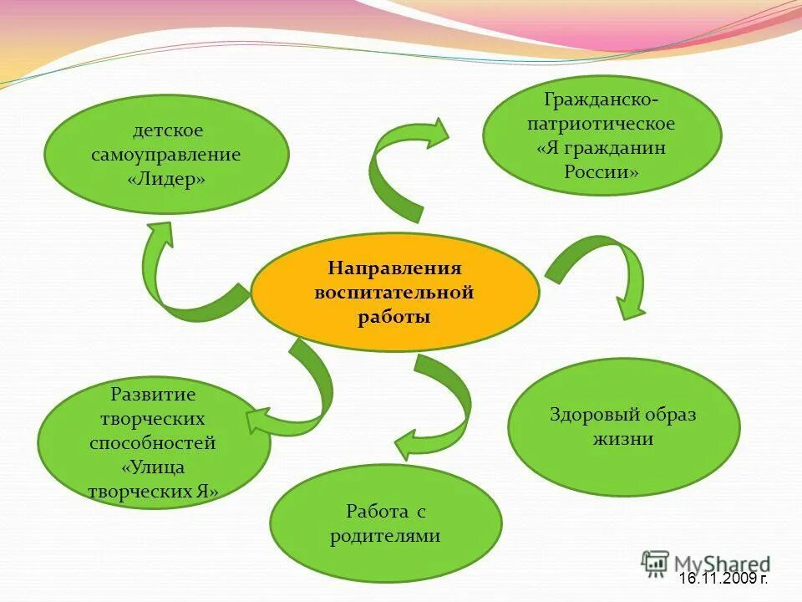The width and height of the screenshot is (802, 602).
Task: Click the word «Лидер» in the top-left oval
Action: point(167,180)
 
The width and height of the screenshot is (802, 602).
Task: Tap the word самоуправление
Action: point(166,155)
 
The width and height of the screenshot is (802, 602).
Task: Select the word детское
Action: point(168,130)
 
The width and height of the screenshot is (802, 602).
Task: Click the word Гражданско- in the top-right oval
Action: point(601,99)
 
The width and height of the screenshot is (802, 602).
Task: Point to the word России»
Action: point(601,172)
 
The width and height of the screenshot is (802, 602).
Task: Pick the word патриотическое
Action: point(601,124)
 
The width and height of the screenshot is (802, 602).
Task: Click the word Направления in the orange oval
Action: point(394,268)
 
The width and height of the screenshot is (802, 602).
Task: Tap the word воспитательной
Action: point(394,293)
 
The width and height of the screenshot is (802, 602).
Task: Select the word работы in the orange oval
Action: point(394,318)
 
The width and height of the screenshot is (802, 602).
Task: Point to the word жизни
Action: point(623,439)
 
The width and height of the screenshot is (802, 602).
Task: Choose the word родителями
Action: point(385,536)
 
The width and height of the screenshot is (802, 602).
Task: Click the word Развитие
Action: point(153,394)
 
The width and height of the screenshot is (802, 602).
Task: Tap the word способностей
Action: point(153,443)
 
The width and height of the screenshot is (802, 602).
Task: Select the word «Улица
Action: point(153,467)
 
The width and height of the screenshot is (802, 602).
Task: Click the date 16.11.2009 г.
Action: point(723,579)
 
